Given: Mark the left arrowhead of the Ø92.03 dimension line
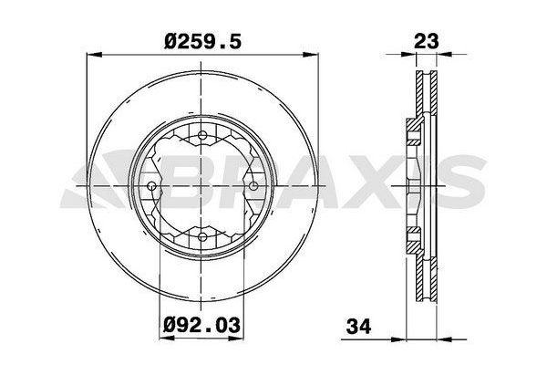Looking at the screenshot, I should tap(164, 307).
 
